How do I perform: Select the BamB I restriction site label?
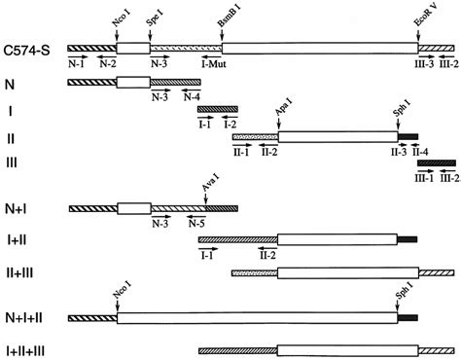(222, 18)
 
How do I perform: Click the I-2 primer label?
(230, 123)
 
